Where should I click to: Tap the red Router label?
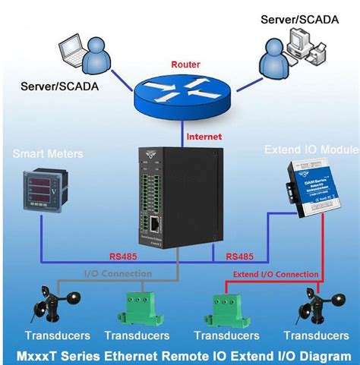coord(185,65)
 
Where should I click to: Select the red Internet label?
coord(204,137)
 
